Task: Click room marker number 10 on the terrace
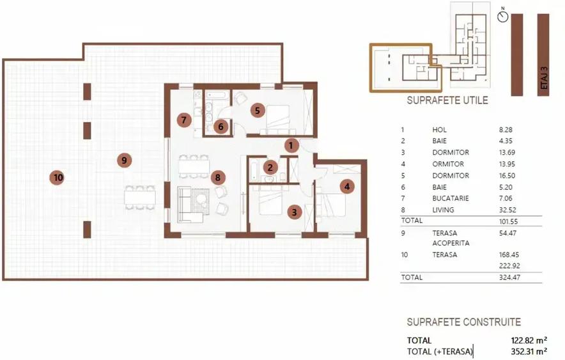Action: point(58,178)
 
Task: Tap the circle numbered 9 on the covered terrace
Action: point(124,160)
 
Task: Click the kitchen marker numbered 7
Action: point(183,119)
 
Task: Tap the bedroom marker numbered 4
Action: point(346,187)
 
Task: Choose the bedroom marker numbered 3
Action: point(294,212)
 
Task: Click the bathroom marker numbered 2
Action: point(270,168)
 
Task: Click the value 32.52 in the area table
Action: point(508,210)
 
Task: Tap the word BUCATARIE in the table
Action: point(451,198)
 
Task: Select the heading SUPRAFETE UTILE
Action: point(447,100)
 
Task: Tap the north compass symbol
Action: point(502,16)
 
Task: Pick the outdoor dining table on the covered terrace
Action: point(141,196)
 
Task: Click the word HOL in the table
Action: point(439,130)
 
